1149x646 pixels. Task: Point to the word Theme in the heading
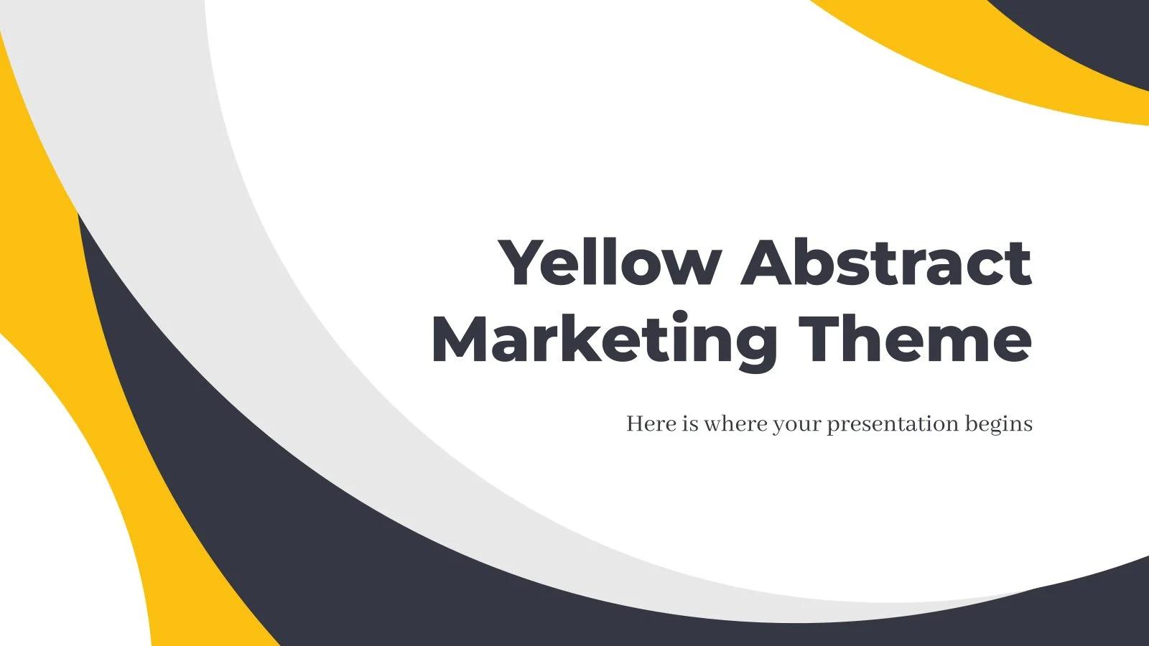pos(915,337)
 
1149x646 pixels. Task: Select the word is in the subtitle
pos(690,424)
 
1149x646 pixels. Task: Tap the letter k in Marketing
pos(587,338)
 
